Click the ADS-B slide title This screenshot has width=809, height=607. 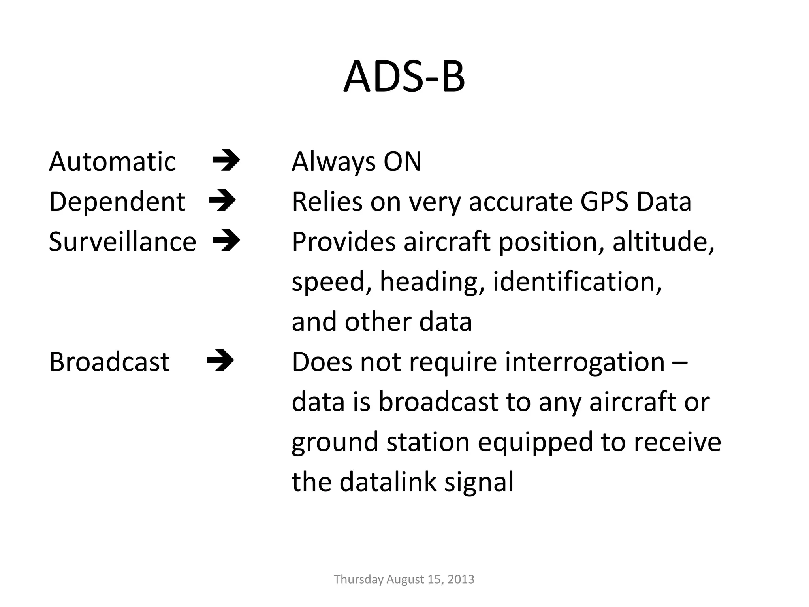click(x=404, y=77)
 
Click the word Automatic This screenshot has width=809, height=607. click(x=112, y=162)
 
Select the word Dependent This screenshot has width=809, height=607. click(x=117, y=202)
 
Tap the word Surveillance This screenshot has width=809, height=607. click(x=122, y=242)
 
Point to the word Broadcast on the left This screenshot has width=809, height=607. click(x=109, y=362)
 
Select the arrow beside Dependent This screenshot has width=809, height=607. click(x=222, y=201)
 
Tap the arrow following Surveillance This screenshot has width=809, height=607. click(x=226, y=240)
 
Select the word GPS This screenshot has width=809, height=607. click(x=604, y=202)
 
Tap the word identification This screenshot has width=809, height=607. click(x=577, y=282)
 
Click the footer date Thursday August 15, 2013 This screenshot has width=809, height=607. click(x=404, y=579)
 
